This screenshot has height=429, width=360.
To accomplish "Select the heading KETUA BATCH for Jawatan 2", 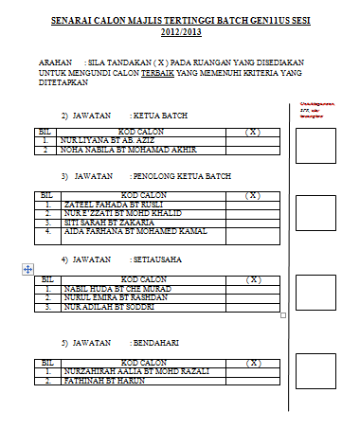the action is (160, 116).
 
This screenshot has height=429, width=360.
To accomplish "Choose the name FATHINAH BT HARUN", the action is (99, 382).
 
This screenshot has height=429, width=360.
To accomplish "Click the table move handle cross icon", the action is (27, 269).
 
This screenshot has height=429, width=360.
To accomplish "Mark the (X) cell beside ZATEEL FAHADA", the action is (253, 204).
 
